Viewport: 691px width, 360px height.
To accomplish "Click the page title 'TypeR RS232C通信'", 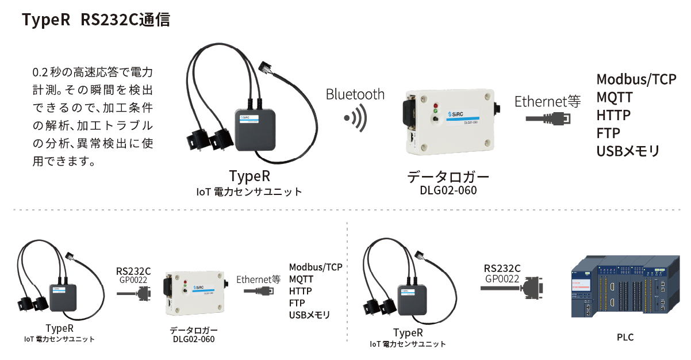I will point(95,20).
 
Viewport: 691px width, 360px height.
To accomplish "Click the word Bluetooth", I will point(355,94).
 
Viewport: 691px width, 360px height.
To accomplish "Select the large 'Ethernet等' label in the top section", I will point(547,102).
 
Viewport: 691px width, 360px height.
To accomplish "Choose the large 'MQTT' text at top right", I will point(614,97).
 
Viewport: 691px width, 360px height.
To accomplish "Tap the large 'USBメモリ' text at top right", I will point(628,151).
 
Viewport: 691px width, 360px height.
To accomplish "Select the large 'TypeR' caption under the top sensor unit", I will point(249,176).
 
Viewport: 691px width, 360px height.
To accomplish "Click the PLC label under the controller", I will point(625,337).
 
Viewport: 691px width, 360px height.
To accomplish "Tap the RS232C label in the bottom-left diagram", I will point(133,271).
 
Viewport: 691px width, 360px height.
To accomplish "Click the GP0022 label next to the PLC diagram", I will point(502,279).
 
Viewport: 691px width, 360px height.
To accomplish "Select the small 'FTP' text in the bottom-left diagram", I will point(297,303).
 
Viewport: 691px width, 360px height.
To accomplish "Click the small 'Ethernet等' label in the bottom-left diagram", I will point(258,279).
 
